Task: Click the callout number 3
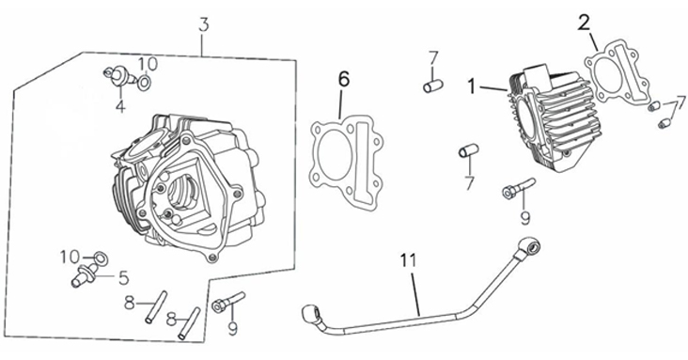pos(203,25)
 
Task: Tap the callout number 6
pos(344,80)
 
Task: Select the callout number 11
pos(408,260)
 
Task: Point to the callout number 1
pos(471,86)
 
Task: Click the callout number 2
pos(584,23)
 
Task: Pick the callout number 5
pos(124,277)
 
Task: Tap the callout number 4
pos(120,106)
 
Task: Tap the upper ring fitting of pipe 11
pos(529,247)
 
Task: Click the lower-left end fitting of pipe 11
pos(311,314)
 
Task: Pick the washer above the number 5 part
pos(102,258)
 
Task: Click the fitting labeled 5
pos(85,275)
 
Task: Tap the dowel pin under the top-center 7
pos(432,86)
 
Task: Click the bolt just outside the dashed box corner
pos(228,302)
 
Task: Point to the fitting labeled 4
pos(117,75)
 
